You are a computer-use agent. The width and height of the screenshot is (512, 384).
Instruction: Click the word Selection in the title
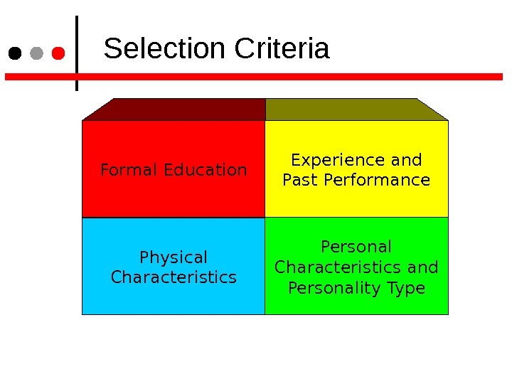click(x=164, y=50)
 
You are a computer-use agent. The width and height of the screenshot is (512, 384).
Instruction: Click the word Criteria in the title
click(x=282, y=50)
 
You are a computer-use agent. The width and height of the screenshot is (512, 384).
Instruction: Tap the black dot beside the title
click(x=14, y=53)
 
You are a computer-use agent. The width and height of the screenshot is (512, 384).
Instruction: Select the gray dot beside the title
click(x=37, y=53)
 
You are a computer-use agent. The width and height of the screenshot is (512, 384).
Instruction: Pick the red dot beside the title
click(x=59, y=53)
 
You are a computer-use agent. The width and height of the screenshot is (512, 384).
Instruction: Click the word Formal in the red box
click(x=129, y=170)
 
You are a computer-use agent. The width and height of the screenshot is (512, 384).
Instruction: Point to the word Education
click(x=206, y=170)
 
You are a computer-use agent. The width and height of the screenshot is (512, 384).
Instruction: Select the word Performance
click(x=377, y=180)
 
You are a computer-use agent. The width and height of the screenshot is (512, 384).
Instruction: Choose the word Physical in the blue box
click(x=174, y=257)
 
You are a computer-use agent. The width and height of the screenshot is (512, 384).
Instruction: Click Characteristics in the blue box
click(x=174, y=277)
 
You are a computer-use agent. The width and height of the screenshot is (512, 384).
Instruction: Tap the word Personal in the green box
click(x=356, y=247)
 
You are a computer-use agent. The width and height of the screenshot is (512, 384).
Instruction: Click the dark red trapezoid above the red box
click(x=178, y=110)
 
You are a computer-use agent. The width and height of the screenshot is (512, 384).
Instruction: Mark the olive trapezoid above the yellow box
click(x=352, y=110)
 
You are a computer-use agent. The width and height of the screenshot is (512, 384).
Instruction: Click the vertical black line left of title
click(x=77, y=53)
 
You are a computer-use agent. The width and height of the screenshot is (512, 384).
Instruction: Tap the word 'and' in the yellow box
click(x=407, y=160)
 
